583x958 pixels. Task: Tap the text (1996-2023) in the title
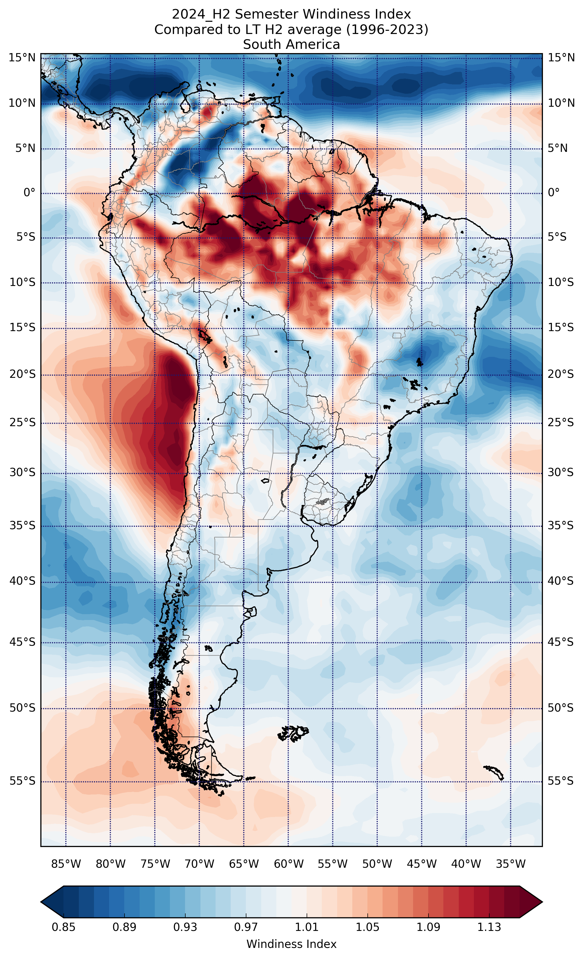coord(393,29)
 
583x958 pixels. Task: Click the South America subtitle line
coord(291,45)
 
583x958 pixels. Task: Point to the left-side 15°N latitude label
coord(22,58)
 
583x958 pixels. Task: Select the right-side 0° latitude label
coord(554,192)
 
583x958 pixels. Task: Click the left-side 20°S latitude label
coord(22,374)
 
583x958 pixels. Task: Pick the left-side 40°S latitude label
coord(22,581)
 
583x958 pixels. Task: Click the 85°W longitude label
coord(66,864)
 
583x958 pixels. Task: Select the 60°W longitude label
coord(288,864)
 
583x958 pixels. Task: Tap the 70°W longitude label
coord(199,864)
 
